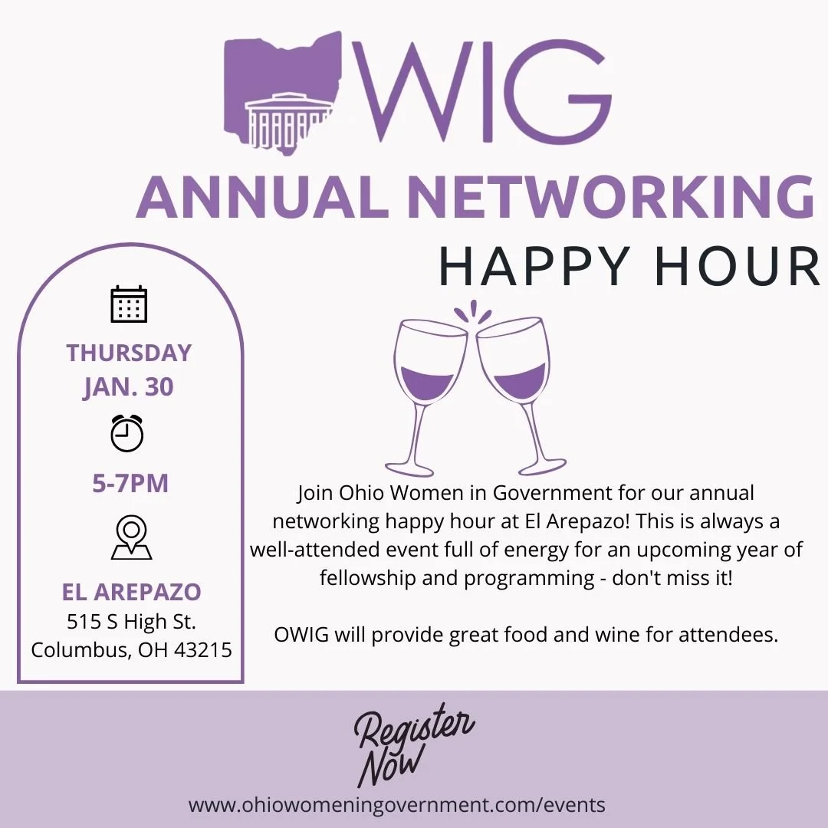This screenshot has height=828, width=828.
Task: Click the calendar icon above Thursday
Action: tap(129, 304)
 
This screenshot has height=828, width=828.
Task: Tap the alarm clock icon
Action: tap(127, 432)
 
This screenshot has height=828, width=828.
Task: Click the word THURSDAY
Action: tap(129, 353)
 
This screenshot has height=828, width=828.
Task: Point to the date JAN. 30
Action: tap(129, 386)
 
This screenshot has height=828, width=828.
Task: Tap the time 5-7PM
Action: tap(130, 484)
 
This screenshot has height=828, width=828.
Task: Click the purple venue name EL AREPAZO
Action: tap(131, 592)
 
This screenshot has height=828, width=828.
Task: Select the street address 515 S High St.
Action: tap(131, 622)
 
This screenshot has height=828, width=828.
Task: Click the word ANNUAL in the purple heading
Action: tap(261, 197)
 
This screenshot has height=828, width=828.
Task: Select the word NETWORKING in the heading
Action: tap(610, 197)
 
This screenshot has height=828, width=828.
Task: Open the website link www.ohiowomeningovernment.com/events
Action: tap(396, 805)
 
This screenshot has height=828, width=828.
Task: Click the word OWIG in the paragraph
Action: tap(301, 636)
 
